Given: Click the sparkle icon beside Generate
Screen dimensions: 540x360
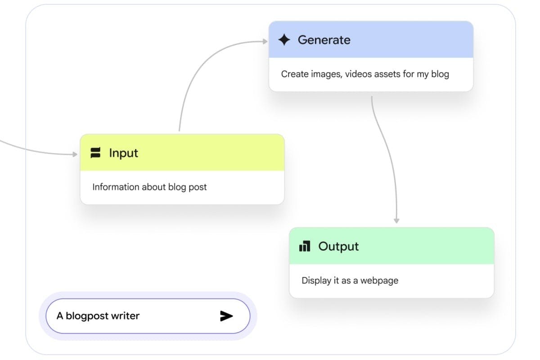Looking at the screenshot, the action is [x=284, y=40].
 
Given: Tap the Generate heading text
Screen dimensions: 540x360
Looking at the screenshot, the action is [x=324, y=40].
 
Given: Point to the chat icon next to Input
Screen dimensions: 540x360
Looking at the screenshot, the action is [x=95, y=153].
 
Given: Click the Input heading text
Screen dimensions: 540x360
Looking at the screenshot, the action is [x=123, y=153].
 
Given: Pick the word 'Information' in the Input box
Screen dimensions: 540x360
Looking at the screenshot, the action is [x=116, y=187].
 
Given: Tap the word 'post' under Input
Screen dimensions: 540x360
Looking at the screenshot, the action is [x=198, y=187].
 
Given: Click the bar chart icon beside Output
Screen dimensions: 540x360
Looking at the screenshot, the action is [x=305, y=246].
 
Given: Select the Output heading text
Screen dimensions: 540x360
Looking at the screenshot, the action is [x=338, y=247].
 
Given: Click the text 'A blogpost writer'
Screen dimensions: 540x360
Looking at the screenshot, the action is [x=98, y=316].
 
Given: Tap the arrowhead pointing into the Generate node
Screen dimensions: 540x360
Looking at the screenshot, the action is [x=265, y=41].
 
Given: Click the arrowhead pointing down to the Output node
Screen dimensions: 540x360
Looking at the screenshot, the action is [x=396, y=220].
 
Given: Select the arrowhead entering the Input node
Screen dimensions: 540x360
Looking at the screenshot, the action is [x=75, y=154].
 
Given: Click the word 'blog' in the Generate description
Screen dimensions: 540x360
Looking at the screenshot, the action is [x=440, y=75].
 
